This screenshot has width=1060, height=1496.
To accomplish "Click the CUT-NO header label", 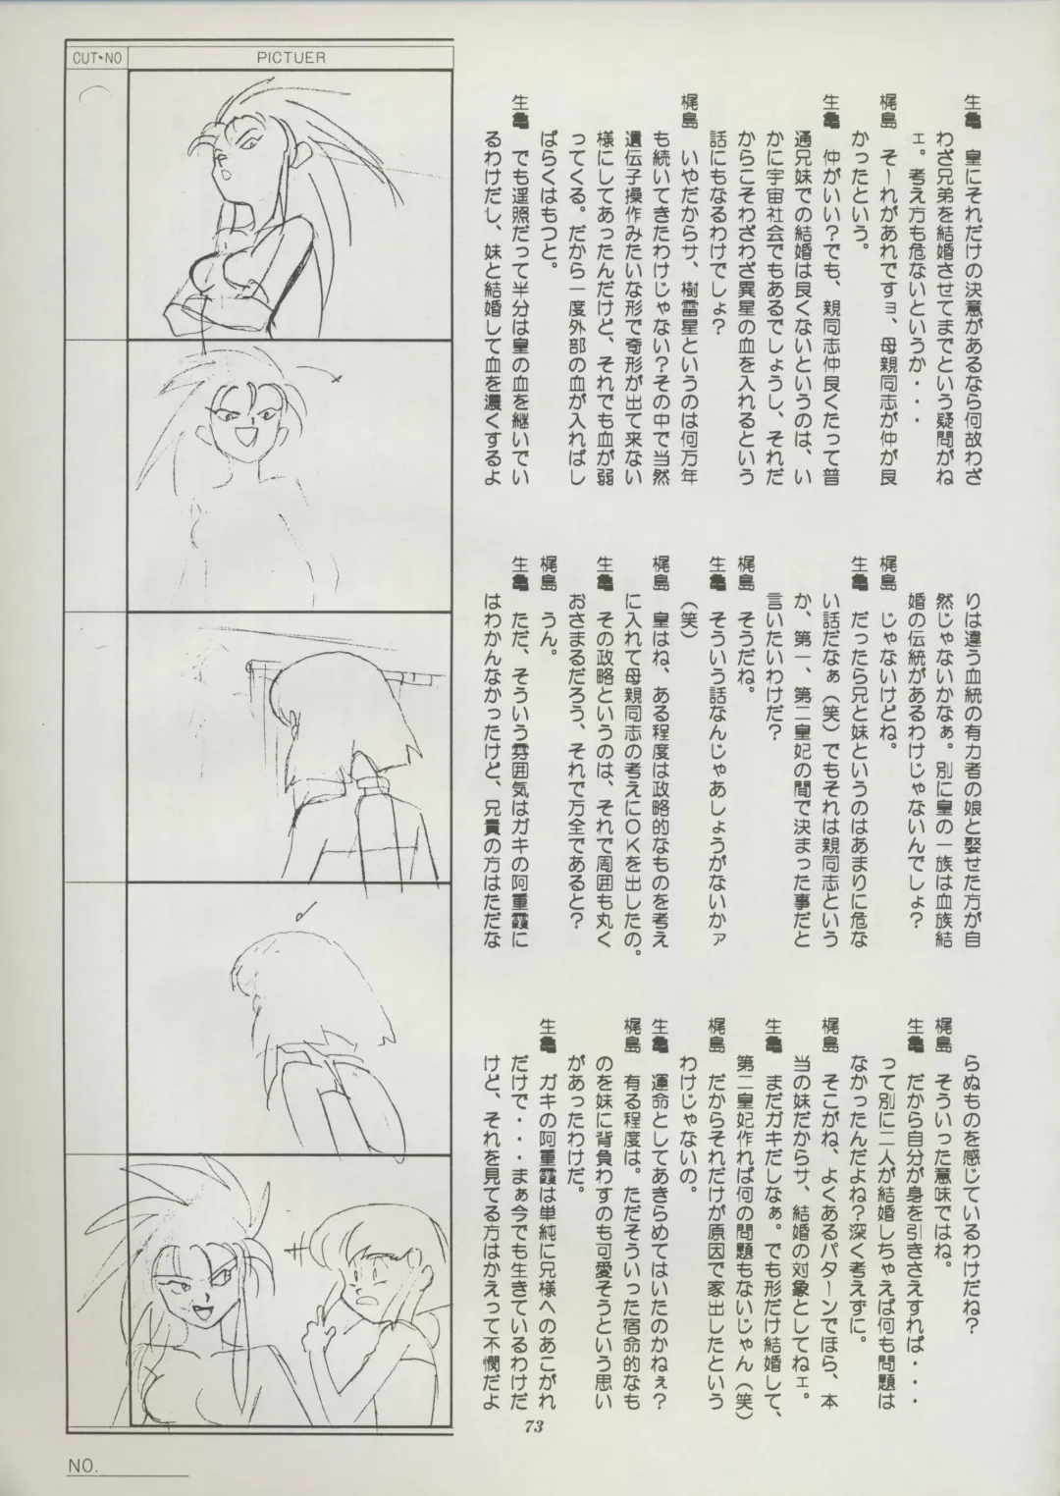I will tap(96, 58).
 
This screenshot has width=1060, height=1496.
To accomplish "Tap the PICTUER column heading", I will tap(291, 58).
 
